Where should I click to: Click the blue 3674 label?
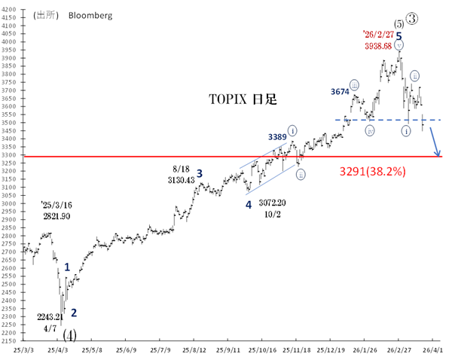click(340, 91)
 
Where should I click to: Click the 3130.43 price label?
click(179, 180)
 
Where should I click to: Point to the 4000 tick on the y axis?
click(11, 35)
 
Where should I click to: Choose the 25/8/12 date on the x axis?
click(195, 350)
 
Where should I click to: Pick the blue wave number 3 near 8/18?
click(200, 173)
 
